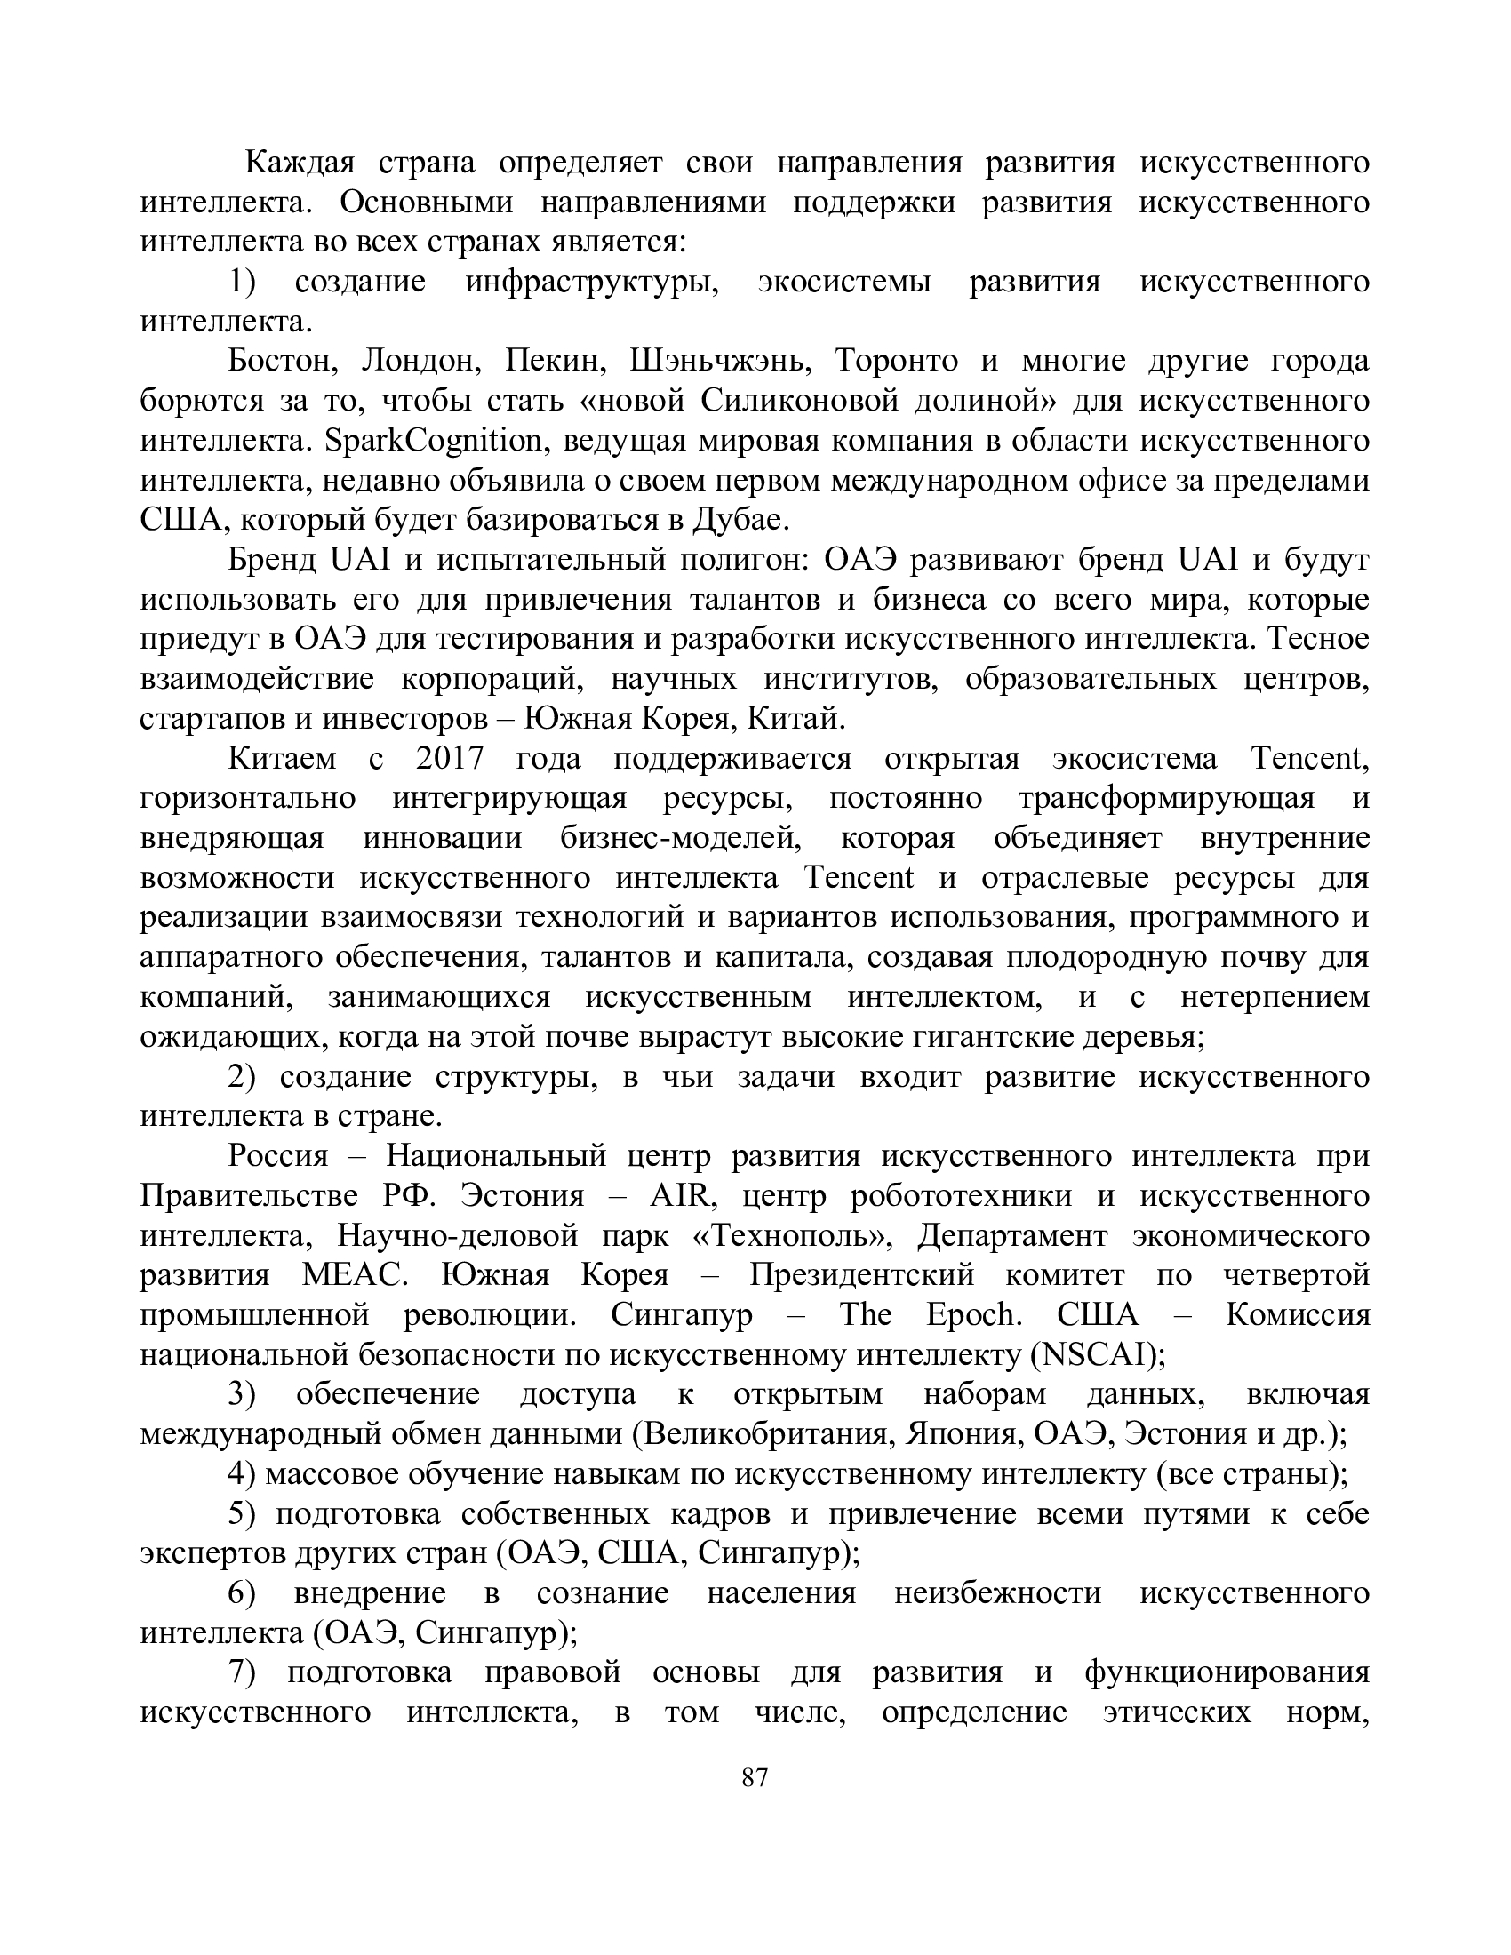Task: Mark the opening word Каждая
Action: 300,163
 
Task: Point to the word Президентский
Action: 862,1275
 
